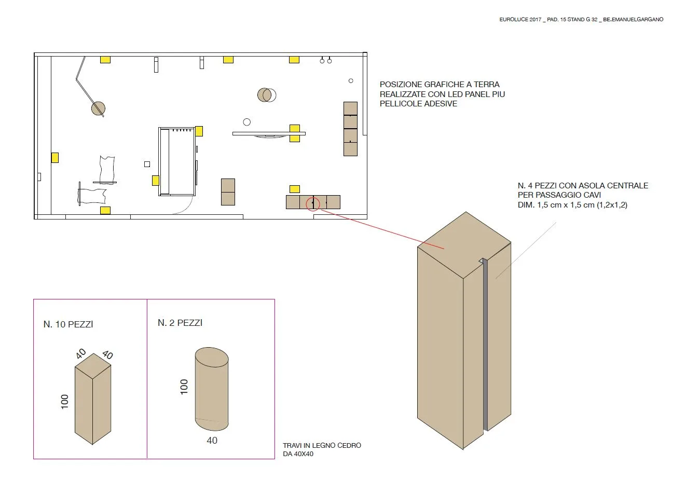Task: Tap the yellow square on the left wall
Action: (54, 158)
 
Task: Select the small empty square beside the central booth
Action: (147, 164)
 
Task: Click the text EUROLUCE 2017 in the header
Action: (520, 19)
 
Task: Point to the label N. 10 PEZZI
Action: (68, 324)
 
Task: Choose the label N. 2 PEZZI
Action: (180, 323)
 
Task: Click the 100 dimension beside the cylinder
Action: (184, 387)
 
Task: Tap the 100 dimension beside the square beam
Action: (64, 402)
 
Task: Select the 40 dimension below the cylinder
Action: (212, 441)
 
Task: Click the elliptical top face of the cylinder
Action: (212, 357)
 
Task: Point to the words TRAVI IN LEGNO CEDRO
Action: (322, 445)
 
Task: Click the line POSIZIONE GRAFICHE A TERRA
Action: (440, 85)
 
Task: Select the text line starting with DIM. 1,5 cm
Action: (572, 205)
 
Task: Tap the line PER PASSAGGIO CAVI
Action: (559, 195)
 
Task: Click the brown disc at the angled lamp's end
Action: (98, 108)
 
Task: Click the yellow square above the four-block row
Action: (295, 189)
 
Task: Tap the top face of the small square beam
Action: (93, 366)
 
